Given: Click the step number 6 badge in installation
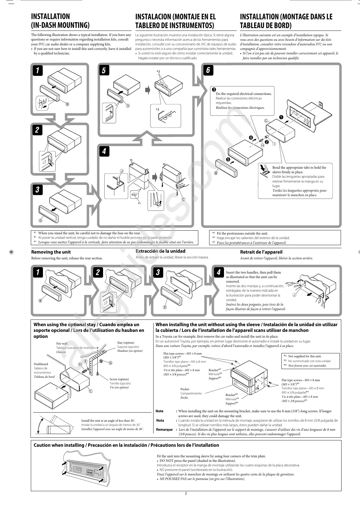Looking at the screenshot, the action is coord(208,70).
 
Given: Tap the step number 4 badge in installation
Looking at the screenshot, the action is coord(104,151).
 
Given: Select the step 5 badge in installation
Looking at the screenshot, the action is coord(104,70).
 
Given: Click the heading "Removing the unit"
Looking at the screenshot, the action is coord(51,252).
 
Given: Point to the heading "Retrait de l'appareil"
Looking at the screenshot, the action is coord(261,252).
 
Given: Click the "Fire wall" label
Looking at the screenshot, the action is coord(62,344).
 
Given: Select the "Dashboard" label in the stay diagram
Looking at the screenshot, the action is coord(41,364).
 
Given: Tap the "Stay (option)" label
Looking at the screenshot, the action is coord(126,343).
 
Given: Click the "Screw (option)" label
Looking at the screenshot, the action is coord(119,379).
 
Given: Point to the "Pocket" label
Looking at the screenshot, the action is coord(185,389).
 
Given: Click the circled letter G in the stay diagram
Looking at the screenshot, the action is coord(110,363).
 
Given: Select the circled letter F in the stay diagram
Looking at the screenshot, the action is coord(86,361).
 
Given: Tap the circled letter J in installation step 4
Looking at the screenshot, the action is coord(122,171).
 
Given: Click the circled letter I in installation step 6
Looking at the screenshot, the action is coord(274,144).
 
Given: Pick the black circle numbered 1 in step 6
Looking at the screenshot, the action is coord(281,117).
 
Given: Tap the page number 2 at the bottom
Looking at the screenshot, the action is coord(186,493).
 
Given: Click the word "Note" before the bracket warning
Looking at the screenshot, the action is coord(159,411).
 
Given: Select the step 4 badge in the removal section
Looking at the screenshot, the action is coord(219,272).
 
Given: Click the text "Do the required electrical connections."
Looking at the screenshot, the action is coord(244,94).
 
